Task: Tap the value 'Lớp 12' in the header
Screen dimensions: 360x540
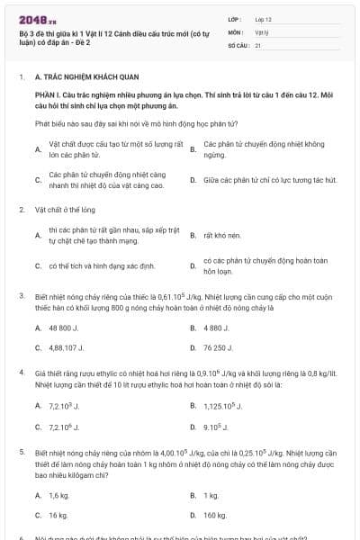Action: [x=263, y=18]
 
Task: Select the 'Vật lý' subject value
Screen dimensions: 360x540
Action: [x=261, y=31]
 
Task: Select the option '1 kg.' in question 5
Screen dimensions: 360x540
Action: [x=211, y=496]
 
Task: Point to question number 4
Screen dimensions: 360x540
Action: [x=21, y=371]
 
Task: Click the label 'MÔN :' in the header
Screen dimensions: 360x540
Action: [x=236, y=31]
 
